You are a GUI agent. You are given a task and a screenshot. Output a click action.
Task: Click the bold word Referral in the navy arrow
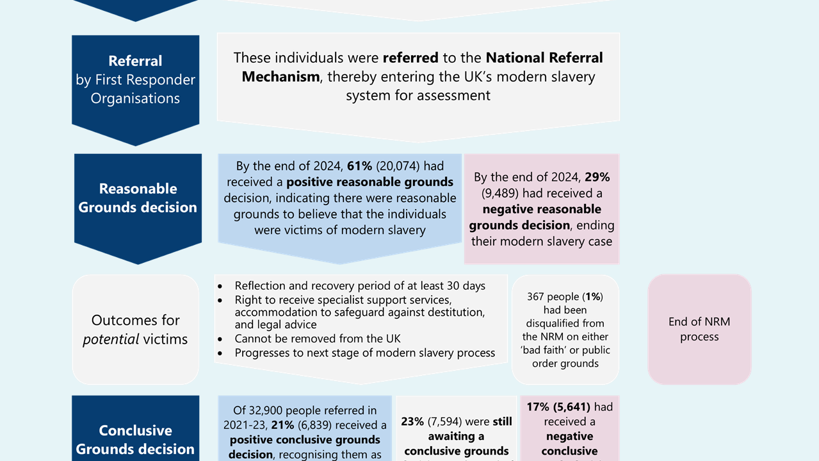[135, 61]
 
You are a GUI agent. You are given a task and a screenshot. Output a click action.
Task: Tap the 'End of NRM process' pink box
[699, 329]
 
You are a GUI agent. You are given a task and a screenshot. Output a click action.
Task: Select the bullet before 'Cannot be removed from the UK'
[221, 339]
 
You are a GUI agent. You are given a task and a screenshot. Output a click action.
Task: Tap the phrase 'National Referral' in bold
[544, 58]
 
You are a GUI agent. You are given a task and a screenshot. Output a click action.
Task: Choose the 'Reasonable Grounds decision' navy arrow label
[138, 197]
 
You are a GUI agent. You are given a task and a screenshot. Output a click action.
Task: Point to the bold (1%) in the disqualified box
[594, 297]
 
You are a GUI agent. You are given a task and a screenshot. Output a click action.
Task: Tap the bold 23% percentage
[412, 421]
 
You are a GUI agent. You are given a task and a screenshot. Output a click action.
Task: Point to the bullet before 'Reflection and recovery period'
[221, 286]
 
